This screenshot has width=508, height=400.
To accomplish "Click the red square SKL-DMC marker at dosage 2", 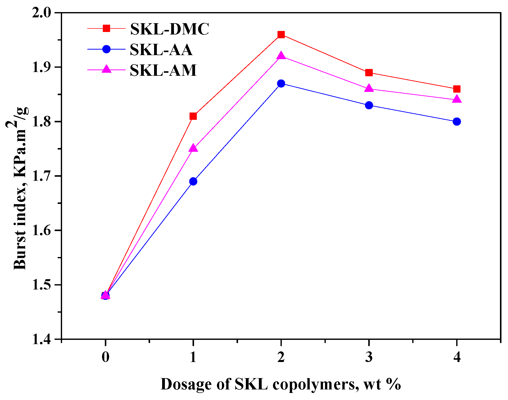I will click(x=281, y=35).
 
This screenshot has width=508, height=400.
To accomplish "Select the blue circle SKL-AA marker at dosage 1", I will click(x=193, y=181).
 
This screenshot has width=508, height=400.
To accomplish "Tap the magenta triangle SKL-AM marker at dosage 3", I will click(x=369, y=89).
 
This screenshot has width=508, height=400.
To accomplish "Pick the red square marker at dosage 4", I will click(x=457, y=89).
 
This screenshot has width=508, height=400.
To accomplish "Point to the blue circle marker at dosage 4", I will click(x=457, y=122).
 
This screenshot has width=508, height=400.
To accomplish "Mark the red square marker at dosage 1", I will click(x=193, y=116).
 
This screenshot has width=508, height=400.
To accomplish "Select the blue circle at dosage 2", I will click(x=281, y=83).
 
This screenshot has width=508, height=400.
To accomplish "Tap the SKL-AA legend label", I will click(x=161, y=50).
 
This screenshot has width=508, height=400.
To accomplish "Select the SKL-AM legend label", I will click(x=163, y=70).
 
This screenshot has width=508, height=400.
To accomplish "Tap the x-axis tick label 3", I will click(x=369, y=357).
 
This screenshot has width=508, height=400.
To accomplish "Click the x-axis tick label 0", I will click(x=106, y=357).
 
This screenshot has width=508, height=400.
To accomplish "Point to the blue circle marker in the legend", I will click(x=106, y=49).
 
